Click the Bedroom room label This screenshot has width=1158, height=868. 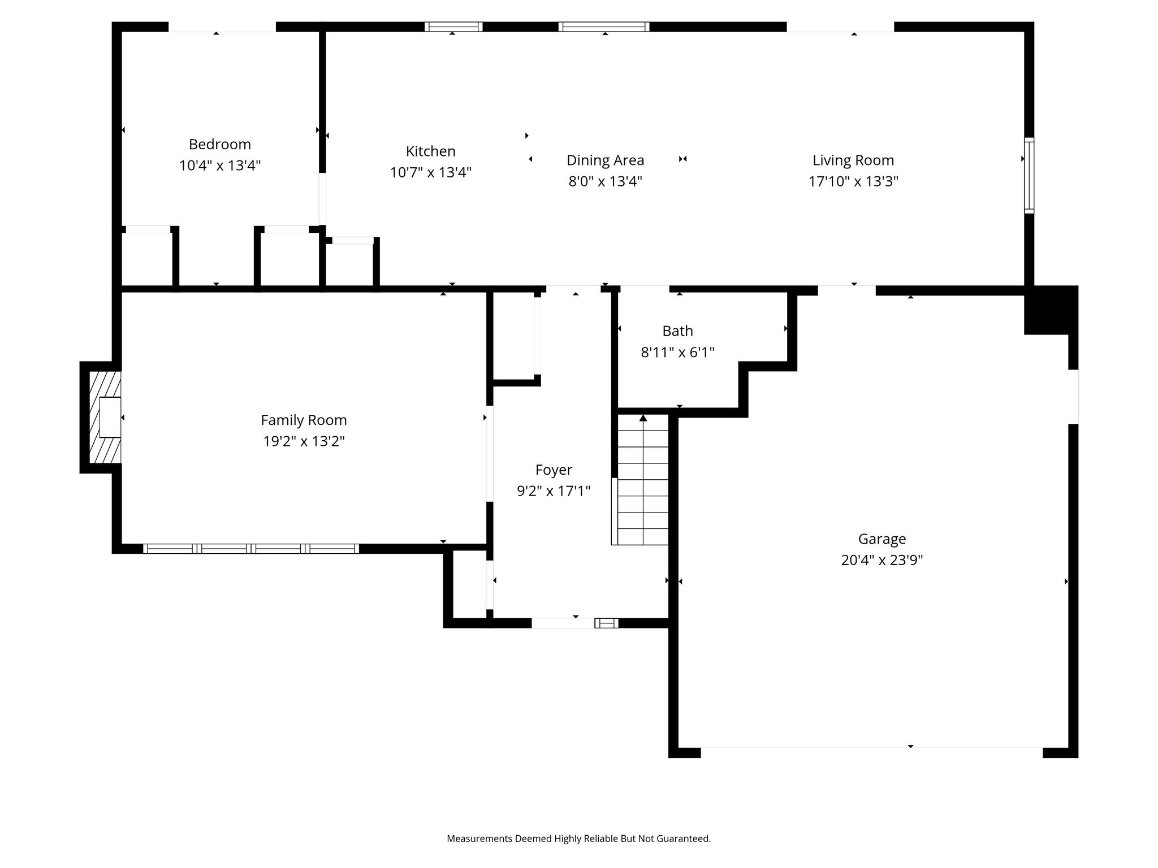[219, 145]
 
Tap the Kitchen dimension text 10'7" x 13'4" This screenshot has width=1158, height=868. [430, 172]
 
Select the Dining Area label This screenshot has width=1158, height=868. [605, 160]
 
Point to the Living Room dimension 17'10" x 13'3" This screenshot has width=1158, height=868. [853, 181]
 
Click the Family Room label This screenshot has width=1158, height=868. [304, 420]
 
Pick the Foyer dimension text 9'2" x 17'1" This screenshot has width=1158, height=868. [554, 491]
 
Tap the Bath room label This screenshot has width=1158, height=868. [677, 331]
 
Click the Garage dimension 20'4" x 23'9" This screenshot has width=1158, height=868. [882, 560]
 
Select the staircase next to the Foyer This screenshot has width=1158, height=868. [643, 479]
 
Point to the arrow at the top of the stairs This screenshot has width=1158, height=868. [643, 418]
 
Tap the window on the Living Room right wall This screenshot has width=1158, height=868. [1029, 176]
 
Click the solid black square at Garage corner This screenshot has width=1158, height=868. [1051, 310]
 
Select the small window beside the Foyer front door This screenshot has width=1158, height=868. [606, 623]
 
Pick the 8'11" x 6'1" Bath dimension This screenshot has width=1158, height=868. [677, 353]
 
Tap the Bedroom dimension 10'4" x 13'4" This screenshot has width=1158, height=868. [220, 166]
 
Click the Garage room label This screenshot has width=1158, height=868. [882, 539]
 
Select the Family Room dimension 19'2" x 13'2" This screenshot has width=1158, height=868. [304, 441]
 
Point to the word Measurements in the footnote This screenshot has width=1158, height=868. [479, 839]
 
